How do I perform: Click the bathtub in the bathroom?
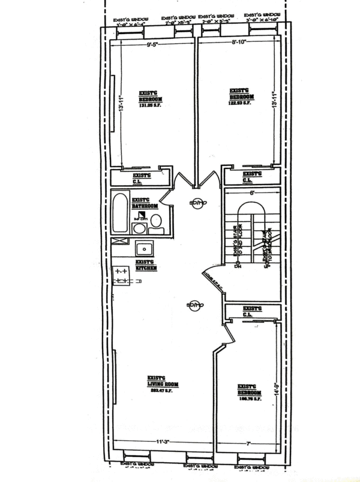(121, 213)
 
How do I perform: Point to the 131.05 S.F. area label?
(150, 107)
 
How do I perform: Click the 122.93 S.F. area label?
(241, 103)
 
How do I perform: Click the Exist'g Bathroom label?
(145, 203)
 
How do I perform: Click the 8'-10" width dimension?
(242, 43)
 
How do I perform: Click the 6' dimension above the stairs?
(253, 193)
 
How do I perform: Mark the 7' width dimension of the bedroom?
(247, 443)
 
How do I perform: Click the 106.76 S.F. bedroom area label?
(247, 397)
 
